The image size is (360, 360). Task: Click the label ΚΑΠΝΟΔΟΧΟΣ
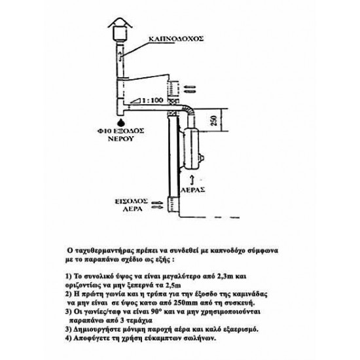point(176,39)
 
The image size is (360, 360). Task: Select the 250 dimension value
point(214,120)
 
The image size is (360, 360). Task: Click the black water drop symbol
point(121,122)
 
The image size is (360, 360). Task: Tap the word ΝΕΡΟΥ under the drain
point(121,139)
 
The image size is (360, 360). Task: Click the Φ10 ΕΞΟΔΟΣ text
point(120,131)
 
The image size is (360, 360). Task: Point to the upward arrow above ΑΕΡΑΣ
point(193,180)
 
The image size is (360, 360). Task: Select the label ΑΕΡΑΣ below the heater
point(193,190)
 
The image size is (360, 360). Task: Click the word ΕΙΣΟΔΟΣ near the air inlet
point(132,202)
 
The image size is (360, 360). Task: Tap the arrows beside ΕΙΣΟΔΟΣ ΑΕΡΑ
point(158,205)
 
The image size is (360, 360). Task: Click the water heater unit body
point(192,149)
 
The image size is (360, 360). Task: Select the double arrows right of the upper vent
point(190,90)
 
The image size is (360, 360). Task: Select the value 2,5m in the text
point(173,285)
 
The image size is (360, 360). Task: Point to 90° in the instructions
point(156,312)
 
